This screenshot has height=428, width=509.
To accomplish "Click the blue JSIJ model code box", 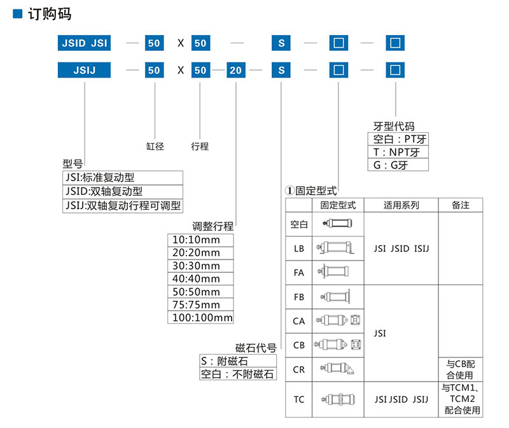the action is point(84,70).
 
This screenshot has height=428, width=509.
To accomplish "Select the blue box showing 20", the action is point(235,70).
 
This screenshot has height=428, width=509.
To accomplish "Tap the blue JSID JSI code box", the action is point(84,43).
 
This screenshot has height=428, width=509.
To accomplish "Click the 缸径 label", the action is point(155,146).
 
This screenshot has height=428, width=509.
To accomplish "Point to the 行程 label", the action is point(200,146).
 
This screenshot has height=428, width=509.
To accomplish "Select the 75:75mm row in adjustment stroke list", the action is point(200,305).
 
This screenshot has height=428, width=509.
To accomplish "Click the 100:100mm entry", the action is point(200,317).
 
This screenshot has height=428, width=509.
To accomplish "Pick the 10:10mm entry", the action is point(200,240).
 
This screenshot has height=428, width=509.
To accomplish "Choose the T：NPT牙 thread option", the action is point(398,152).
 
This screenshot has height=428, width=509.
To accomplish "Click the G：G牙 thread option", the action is point(398,165).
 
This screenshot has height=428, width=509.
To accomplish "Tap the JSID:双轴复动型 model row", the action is point(123,191).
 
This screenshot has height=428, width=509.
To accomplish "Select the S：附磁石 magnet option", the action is point(238,361).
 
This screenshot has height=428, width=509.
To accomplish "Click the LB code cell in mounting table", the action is point(298,249).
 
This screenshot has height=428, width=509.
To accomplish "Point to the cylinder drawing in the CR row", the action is point(337,369).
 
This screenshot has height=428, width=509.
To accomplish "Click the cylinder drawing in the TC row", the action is point(338,399).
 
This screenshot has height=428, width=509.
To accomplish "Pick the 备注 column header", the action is point(460,205).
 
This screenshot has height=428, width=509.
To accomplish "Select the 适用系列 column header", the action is point(401,205).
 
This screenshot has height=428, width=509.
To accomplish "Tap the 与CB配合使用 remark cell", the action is point(460,369).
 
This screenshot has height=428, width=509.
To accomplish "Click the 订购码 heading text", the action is point(50,14).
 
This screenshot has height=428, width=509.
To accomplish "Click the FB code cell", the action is point(298,297).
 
